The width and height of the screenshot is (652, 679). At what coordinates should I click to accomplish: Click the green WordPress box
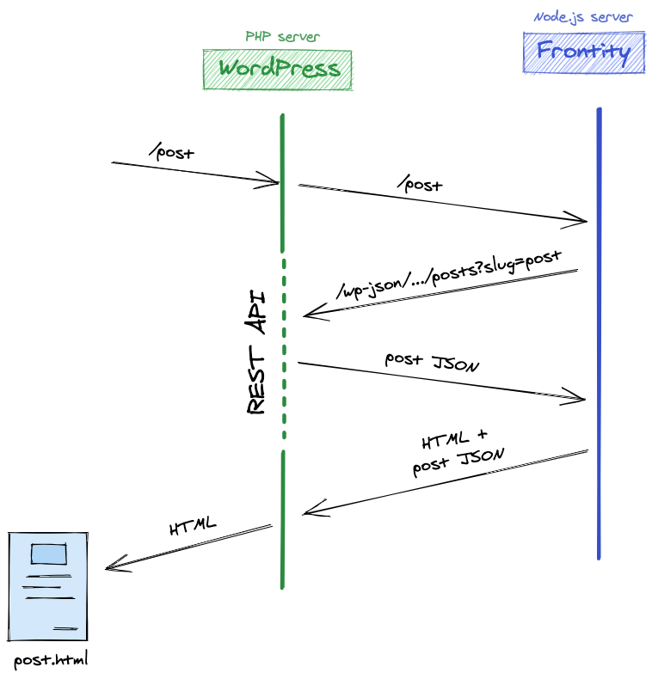point(278,69)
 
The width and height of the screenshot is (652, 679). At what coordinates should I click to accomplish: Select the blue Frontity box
point(583,52)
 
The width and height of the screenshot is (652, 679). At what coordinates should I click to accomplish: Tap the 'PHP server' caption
point(282,37)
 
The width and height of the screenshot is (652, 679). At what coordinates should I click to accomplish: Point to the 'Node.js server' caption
point(583,16)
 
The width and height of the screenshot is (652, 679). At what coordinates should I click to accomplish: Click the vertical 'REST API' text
point(256,353)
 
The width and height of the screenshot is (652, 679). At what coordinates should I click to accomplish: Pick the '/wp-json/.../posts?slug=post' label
point(449,275)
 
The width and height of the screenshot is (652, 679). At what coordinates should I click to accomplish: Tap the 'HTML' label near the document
point(193,527)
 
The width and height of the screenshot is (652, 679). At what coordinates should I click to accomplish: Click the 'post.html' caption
point(52,660)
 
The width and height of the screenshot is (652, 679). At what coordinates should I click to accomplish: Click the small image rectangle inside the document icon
point(48,554)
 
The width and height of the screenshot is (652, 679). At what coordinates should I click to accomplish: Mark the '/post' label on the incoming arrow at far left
point(172,153)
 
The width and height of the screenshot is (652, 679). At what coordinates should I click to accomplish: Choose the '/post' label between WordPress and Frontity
point(420,184)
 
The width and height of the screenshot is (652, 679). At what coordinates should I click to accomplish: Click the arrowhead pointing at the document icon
point(112,566)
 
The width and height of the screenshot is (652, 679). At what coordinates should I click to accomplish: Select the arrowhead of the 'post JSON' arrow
point(578,398)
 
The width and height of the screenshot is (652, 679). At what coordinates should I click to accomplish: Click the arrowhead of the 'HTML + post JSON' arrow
point(311,513)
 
